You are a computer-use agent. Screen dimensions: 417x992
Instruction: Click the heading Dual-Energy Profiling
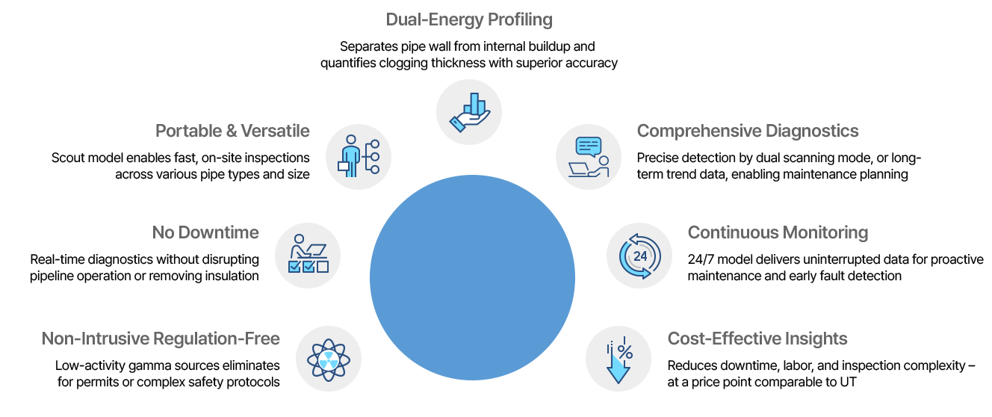coord(469,20)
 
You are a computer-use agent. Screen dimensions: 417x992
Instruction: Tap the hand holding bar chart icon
coord(469,112)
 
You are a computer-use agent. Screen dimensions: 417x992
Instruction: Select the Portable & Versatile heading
coord(232,131)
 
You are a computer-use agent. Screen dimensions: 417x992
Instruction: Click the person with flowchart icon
coord(359,157)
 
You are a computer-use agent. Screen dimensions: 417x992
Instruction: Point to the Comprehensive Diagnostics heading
coord(748,131)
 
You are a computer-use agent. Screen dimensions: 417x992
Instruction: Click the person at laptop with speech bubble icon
coord(589,157)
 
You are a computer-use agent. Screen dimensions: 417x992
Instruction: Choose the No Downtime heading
coord(205,232)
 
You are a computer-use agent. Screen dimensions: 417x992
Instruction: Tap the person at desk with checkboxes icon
coord(308,256)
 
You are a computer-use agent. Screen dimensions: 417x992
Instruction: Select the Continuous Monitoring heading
coord(778,232)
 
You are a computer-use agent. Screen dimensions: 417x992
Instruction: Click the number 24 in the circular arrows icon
coord(640,256)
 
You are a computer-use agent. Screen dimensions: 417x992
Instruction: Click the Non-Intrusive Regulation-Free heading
coord(161,339)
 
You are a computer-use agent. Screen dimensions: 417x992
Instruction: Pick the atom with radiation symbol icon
coord(329,359)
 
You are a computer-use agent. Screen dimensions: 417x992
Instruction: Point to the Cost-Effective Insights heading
coord(757,339)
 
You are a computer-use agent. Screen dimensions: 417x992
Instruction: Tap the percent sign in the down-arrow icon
coord(624,351)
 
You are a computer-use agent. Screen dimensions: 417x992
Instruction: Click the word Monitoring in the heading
coord(822,232)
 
